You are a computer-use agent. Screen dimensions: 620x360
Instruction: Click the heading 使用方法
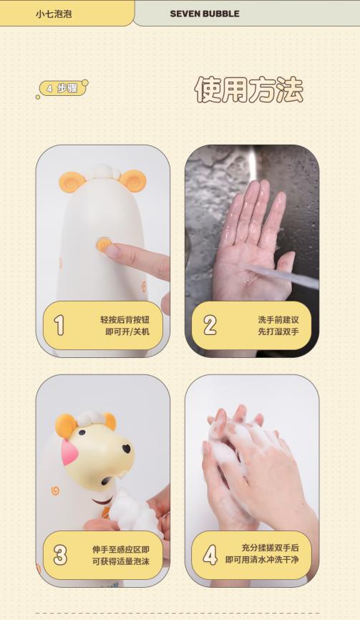[248, 89]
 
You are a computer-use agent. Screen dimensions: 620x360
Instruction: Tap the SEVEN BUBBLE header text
[205, 14]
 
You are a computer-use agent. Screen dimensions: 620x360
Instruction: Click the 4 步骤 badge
[62, 88]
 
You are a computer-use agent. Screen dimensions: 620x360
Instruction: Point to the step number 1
[59, 325]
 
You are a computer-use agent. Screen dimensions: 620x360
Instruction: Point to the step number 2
[209, 325]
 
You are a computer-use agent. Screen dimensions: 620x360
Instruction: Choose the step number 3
[60, 555]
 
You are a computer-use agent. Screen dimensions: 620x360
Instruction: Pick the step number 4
[210, 555]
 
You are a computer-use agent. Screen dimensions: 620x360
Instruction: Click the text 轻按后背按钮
[125, 320]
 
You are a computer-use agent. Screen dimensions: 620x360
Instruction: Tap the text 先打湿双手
[278, 331]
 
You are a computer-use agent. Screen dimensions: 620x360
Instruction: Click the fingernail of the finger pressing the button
[112, 251]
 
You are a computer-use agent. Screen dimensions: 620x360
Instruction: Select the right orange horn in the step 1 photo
[133, 179]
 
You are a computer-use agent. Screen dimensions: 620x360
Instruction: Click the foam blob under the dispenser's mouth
[132, 509]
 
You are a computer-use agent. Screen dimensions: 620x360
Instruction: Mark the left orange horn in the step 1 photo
[71, 180]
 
